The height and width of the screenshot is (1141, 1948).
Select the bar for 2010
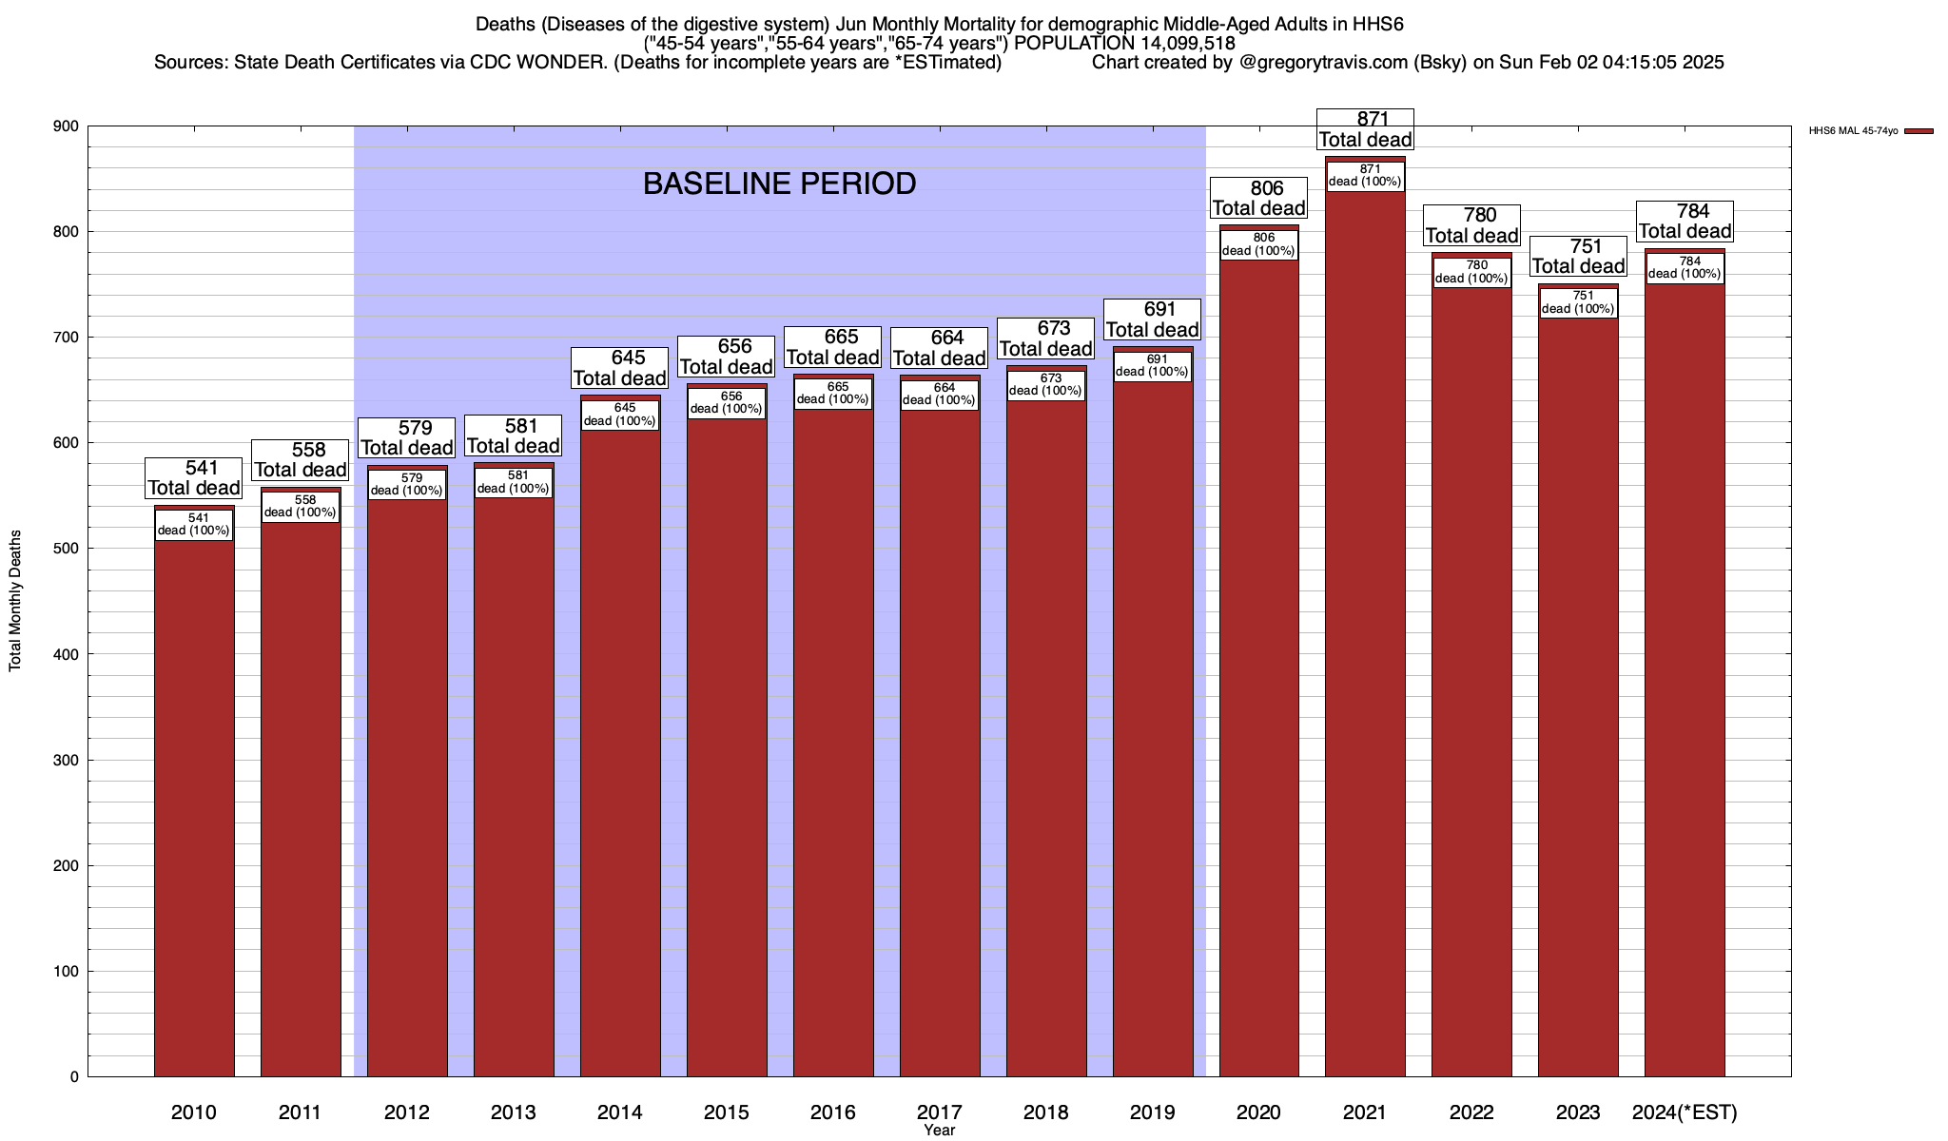pyautogui.click(x=194, y=808)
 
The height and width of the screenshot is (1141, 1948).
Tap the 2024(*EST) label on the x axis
pyautogui.click(x=1685, y=1112)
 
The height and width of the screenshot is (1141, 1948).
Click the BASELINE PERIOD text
pyautogui.click(x=779, y=184)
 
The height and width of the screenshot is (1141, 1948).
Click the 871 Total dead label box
pyautogui.click(x=1365, y=129)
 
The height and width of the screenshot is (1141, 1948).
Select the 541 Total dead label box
pyautogui.click(x=194, y=478)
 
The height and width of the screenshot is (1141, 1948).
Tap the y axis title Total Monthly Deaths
pyautogui.click(x=15, y=600)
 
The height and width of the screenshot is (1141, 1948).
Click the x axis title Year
pyautogui.click(x=939, y=1131)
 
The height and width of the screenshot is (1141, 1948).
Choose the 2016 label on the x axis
pyautogui.click(x=833, y=1112)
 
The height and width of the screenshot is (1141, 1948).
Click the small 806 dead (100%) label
pyautogui.click(x=1258, y=244)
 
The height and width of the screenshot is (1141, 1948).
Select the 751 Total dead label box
pyautogui.click(x=1578, y=257)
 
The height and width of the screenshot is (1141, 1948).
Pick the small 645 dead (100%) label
pyautogui.click(x=619, y=415)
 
